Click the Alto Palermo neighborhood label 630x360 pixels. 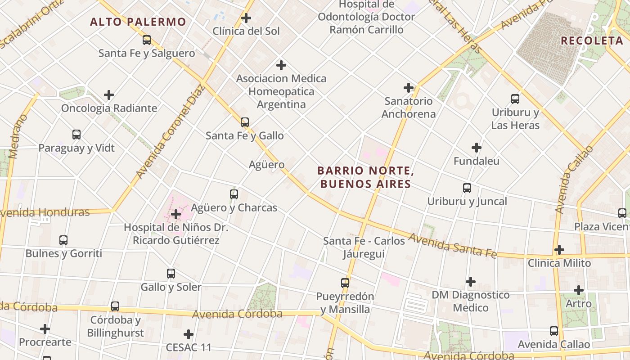138,22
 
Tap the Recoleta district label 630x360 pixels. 591,40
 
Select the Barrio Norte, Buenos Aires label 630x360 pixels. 365,177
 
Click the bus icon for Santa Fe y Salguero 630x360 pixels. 147,40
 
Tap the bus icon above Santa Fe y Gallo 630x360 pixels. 245,122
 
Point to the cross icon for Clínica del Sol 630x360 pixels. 246,18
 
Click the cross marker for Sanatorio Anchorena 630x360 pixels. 409,88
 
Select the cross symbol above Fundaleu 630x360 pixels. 477,148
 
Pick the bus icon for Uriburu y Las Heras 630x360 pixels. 515,99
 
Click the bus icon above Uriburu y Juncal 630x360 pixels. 467,188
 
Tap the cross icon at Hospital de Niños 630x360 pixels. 176,214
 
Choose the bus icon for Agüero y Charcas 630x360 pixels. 234,194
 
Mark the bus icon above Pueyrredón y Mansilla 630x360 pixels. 345,283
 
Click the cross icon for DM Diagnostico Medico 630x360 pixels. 471,282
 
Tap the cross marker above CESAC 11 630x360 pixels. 189,334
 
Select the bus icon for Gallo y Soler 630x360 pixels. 171,274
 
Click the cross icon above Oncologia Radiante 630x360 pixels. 109,95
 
